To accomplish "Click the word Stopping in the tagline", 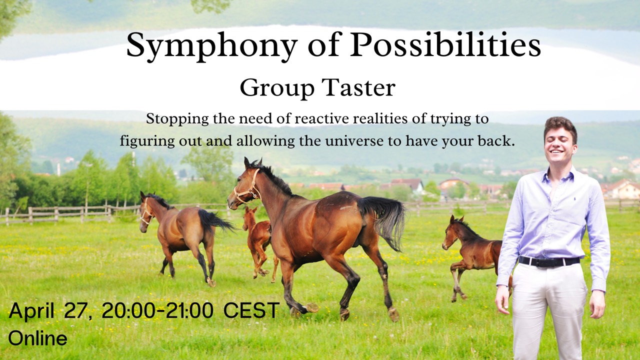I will (172, 119).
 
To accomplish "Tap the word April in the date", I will (31, 310).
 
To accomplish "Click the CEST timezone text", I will (251, 310).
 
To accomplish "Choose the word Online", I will (38, 338).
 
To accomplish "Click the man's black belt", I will (549, 260).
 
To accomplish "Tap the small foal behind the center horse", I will (257, 240).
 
